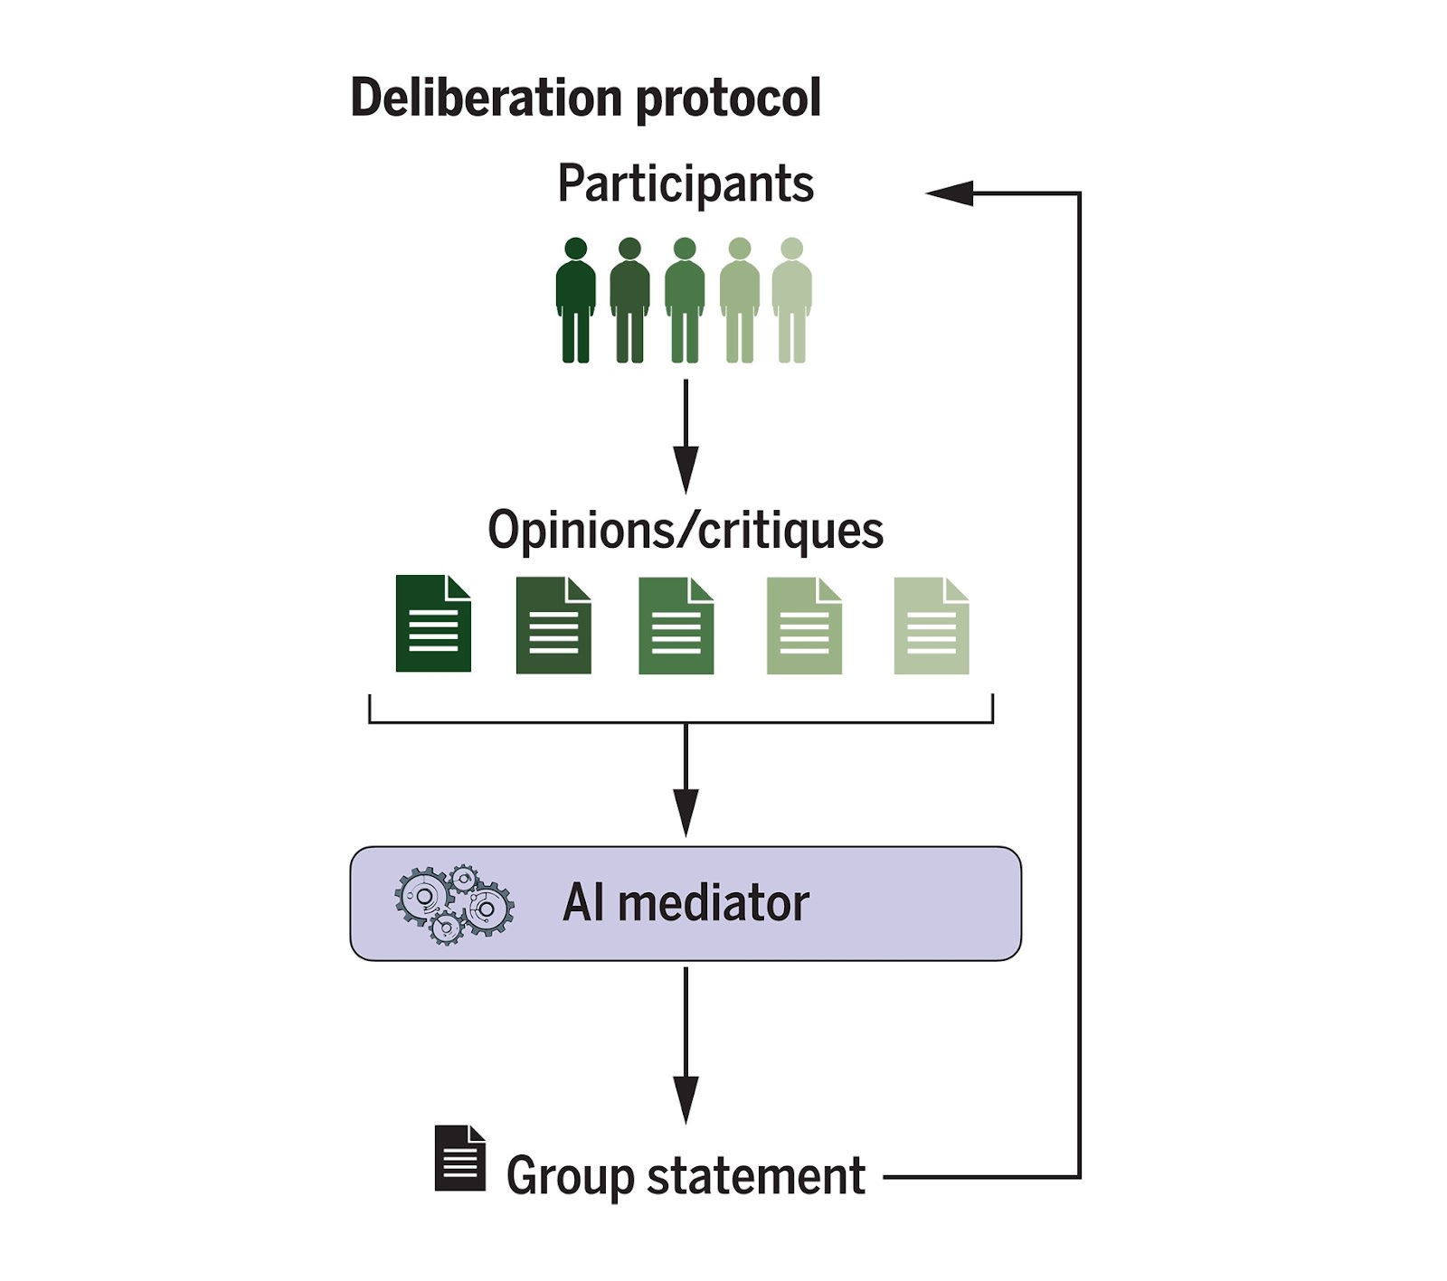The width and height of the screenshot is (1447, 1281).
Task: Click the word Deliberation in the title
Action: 487,97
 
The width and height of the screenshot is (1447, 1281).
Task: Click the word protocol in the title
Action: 729,99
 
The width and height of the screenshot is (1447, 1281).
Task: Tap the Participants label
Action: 686,184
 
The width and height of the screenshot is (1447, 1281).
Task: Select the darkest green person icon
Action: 576,300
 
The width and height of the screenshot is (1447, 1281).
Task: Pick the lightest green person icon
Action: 791,300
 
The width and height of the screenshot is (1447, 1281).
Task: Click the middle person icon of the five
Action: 685,300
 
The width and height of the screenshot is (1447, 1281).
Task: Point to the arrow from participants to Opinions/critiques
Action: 686,436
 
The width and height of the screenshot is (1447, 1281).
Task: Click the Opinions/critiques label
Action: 686,530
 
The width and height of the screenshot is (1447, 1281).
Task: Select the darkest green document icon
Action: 433,624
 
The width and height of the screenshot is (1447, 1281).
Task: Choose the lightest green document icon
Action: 932,626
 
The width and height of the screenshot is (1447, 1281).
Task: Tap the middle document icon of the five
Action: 676,626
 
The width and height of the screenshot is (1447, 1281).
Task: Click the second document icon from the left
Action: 553,626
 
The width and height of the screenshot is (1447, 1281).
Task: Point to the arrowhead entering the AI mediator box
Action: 686,814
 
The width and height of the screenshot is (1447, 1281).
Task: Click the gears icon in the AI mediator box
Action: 454,904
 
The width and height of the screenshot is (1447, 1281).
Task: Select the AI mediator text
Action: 686,902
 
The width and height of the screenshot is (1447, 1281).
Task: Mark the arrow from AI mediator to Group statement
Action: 686,1046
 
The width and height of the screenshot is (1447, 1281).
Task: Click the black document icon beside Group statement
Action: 460,1158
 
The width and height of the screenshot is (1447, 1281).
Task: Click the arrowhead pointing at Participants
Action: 950,193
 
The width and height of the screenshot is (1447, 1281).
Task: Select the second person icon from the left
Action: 629,300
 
